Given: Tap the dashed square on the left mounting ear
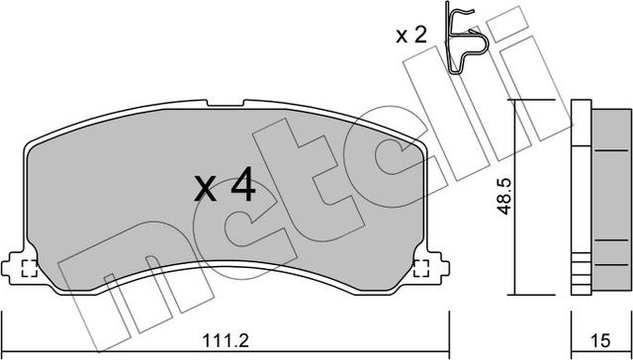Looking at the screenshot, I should (27, 267).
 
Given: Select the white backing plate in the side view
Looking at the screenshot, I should (581, 198).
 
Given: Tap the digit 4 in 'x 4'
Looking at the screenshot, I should (242, 184).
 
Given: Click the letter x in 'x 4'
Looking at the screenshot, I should (205, 188).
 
